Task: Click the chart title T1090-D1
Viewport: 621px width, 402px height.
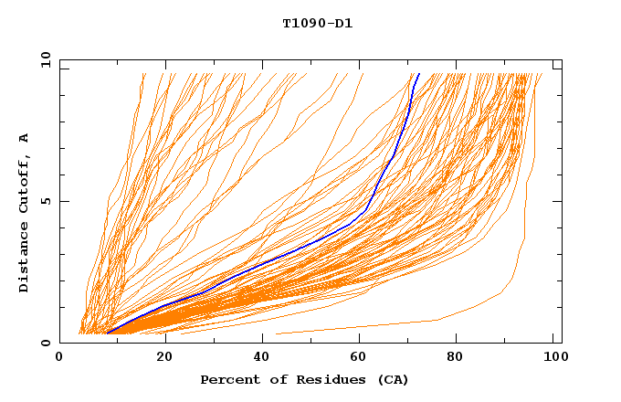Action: click(317, 23)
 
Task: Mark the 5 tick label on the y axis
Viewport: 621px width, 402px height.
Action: click(44, 201)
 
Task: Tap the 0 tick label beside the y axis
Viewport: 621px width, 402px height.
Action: click(44, 343)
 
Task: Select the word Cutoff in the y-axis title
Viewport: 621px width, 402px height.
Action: click(24, 185)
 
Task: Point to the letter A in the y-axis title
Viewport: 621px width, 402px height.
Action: click(24, 138)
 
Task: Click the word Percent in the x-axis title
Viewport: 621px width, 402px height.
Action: click(228, 379)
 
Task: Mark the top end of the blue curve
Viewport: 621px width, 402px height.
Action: click(418, 74)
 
